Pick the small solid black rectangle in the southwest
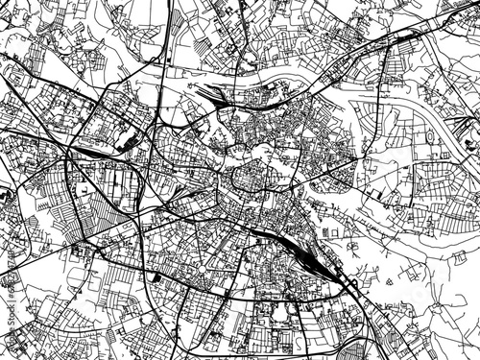tap(156, 277)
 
